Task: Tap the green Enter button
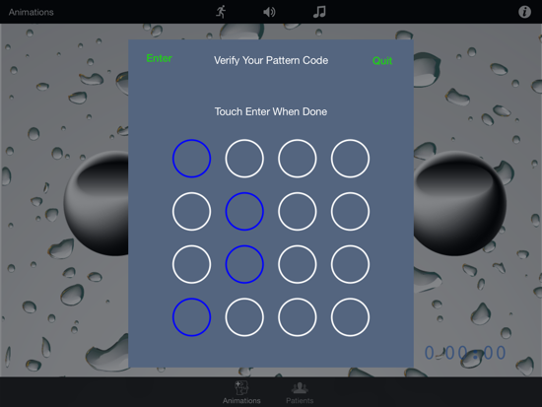[x=159, y=58]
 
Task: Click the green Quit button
[x=382, y=61]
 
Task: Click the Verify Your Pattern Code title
[x=271, y=60]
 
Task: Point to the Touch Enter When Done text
[x=271, y=111]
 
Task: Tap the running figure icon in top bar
[x=221, y=12]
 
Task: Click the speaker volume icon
[x=269, y=12]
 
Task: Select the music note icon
[x=319, y=12]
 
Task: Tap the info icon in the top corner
[x=524, y=12]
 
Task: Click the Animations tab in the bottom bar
[x=241, y=392]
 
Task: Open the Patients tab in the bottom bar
[x=300, y=393]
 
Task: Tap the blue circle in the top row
[x=191, y=140]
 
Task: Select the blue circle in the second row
[x=244, y=192]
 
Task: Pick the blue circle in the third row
[x=244, y=245]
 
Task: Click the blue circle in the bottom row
[x=191, y=299]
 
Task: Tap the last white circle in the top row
[x=350, y=140]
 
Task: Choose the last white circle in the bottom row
[x=350, y=299]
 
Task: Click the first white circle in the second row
[x=191, y=192]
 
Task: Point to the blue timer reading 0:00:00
[x=465, y=353]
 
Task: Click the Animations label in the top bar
[x=32, y=12]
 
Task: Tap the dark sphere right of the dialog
[x=460, y=203]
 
